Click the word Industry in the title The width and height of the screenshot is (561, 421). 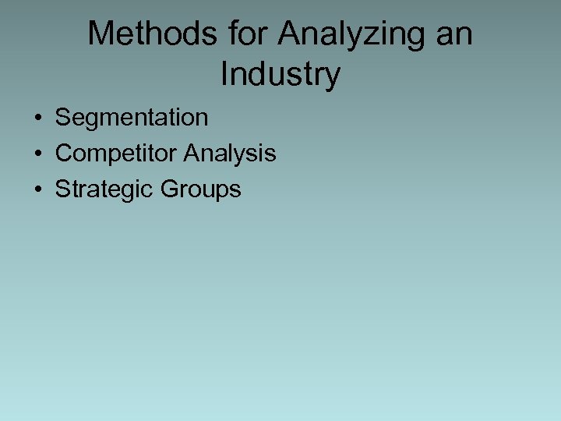point(280,76)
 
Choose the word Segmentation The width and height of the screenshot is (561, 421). point(132,118)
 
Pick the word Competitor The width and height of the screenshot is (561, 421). point(116,154)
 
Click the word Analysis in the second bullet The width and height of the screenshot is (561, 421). point(230,154)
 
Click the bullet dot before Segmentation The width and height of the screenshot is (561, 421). point(37,119)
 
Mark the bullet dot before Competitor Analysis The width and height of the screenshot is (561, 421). point(37,154)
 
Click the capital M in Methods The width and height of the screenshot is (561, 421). point(101,34)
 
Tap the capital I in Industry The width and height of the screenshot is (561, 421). point(224,74)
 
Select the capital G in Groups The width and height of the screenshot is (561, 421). point(170,189)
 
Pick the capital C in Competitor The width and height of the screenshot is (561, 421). point(64,154)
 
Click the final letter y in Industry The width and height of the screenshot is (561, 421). point(333,78)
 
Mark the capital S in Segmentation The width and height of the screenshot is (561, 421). point(63,118)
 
